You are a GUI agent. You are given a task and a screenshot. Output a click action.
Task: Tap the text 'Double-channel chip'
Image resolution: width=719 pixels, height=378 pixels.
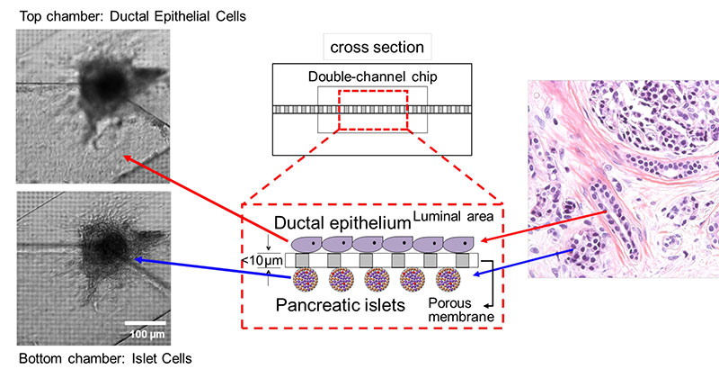pyautogui.click(x=373, y=77)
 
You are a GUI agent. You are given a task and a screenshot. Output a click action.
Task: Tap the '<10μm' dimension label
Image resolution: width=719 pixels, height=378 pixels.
pyautogui.click(x=261, y=262)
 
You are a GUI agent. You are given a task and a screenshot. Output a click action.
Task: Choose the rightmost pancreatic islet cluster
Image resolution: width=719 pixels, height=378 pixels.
pyautogui.click(x=448, y=280)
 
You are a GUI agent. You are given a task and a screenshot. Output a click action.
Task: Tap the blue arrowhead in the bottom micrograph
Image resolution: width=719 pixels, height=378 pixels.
pyautogui.click(x=137, y=258)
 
